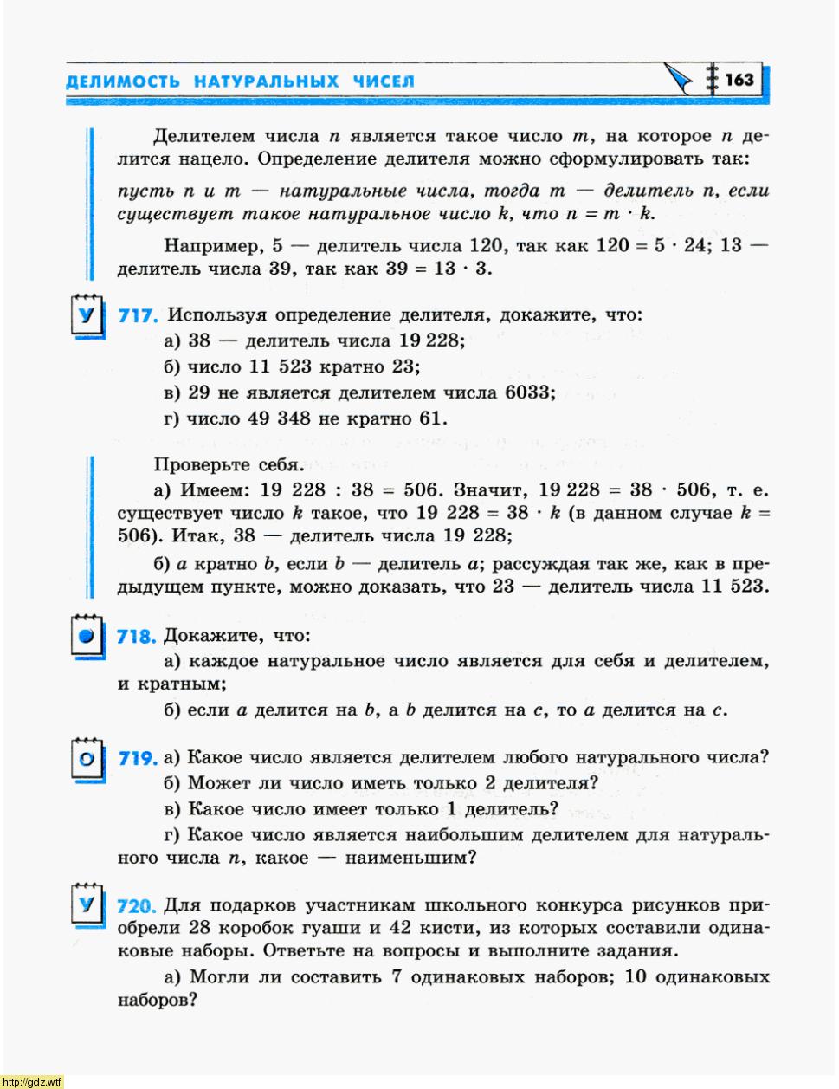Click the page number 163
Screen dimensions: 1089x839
[739, 80]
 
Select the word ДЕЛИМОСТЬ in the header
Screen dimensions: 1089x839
[122, 81]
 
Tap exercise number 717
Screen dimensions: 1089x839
[137, 316]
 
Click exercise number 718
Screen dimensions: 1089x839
[136, 637]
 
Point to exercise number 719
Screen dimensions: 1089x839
[137, 759]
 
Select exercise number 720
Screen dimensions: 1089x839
[136, 907]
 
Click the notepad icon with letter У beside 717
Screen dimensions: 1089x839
[85, 314]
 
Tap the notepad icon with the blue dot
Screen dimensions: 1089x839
[85, 637]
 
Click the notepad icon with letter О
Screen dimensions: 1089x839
[86, 759]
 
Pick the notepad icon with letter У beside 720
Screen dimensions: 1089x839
[85, 905]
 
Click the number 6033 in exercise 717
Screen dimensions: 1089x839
[528, 392]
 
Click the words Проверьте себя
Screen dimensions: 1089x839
[229, 465]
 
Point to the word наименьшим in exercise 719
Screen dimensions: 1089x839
[410, 859]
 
